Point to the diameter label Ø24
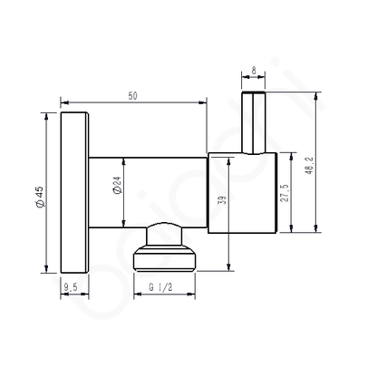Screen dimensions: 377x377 coord(116,188)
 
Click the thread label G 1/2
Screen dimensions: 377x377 coord(161,288)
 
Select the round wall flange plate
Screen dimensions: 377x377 coord(73,191)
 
